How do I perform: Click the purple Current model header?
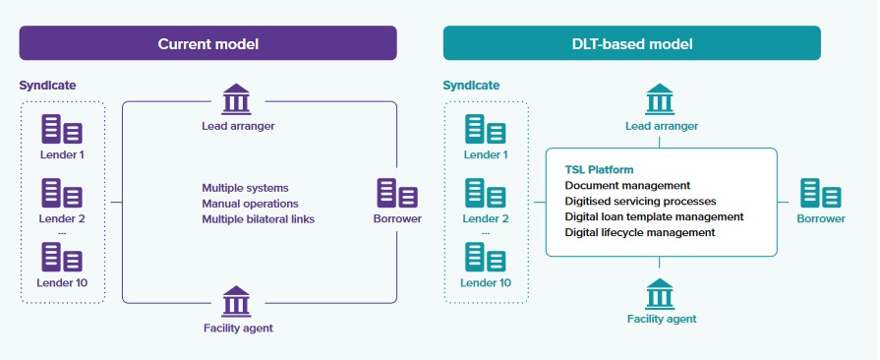coord(207,43)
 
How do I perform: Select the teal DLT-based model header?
coord(632,43)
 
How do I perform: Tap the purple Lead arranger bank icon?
coord(236,98)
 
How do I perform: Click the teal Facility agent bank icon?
coord(660,294)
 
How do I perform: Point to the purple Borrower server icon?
coord(397,193)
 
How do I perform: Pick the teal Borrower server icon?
coord(820,193)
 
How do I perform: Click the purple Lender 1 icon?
coord(62,129)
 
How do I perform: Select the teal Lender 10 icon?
coord(486,257)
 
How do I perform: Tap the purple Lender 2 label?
coord(62,218)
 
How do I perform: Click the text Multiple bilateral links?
coord(259,219)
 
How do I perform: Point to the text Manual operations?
coord(250,204)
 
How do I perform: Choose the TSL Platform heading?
coord(599,169)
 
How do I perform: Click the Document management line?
coord(627,185)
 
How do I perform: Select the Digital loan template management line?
coord(655,216)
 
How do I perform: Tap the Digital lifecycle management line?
coord(640,232)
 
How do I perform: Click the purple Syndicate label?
coord(47,86)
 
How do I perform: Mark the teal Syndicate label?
coord(471,86)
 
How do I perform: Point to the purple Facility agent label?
coord(238,328)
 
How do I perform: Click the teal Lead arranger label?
coord(662,126)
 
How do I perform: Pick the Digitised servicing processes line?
coord(640,201)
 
